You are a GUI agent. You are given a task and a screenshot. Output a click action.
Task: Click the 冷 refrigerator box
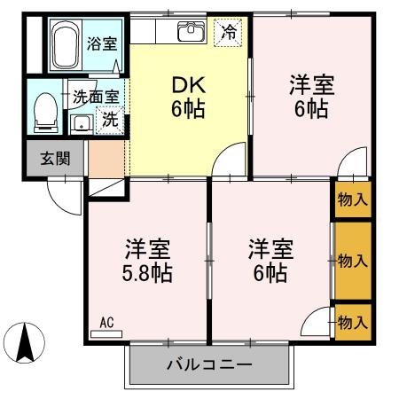point(229,33)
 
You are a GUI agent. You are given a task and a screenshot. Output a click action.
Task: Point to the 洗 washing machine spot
point(110,118)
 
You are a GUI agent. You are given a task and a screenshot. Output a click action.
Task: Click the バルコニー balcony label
point(209,364)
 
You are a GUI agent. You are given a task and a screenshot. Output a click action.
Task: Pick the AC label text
point(106,322)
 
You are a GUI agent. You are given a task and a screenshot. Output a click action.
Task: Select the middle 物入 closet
point(352,261)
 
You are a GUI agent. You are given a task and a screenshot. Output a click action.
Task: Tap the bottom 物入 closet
point(352,321)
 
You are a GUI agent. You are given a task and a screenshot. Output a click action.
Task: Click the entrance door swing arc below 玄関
point(64,196)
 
